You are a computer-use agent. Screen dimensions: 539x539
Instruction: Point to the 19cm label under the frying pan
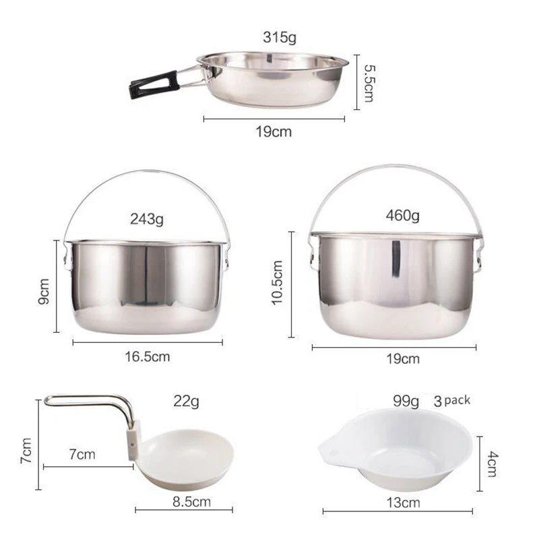click(x=274, y=131)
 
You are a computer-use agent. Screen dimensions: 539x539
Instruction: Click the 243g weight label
click(x=146, y=218)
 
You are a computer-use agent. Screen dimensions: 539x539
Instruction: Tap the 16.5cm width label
click(x=147, y=356)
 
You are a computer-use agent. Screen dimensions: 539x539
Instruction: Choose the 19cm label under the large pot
click(x=401, y=358)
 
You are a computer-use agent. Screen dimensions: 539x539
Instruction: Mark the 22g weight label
click(x=186, y=403)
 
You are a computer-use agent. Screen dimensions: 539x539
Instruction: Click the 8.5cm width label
click(x=191, y=501)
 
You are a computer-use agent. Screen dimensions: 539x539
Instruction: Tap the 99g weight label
click(x=406, y=402)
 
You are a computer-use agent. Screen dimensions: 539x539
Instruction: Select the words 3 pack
click(x=452, y=400)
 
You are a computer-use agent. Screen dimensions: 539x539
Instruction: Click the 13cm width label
click(x=404, y=502)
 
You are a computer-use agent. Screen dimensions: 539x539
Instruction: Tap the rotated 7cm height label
click(x=27, y=450)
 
